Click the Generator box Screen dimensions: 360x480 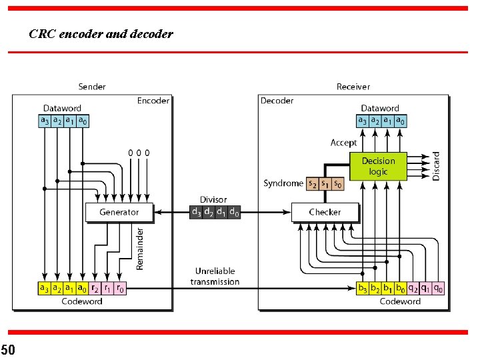point(119,212)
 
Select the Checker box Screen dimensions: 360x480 point(325,212)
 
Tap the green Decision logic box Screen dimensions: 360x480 point(378,166)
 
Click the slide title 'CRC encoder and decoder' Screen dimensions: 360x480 point(101,33)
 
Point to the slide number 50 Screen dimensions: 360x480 point(8,349)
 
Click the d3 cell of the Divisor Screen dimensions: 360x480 point(196,212)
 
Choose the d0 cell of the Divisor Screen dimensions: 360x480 point(234,212)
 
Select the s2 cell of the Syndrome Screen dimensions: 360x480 point(312,183)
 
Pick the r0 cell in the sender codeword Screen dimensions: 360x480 point(120,289)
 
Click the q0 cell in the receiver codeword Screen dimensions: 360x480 point(438,289)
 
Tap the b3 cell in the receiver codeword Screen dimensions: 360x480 point(363,289)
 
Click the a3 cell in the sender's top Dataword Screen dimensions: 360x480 point(44,121)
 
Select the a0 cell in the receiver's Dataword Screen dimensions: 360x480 point(400,121)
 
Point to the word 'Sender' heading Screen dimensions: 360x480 point(92,87)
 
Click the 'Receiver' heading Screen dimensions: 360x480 point(353,87)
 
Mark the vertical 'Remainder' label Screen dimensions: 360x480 point(140,248)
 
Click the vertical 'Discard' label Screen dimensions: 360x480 point(437,166)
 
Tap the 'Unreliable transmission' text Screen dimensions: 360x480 point(215,277)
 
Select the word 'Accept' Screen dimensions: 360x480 point(343,143)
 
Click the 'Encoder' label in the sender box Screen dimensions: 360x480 point(153,101)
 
